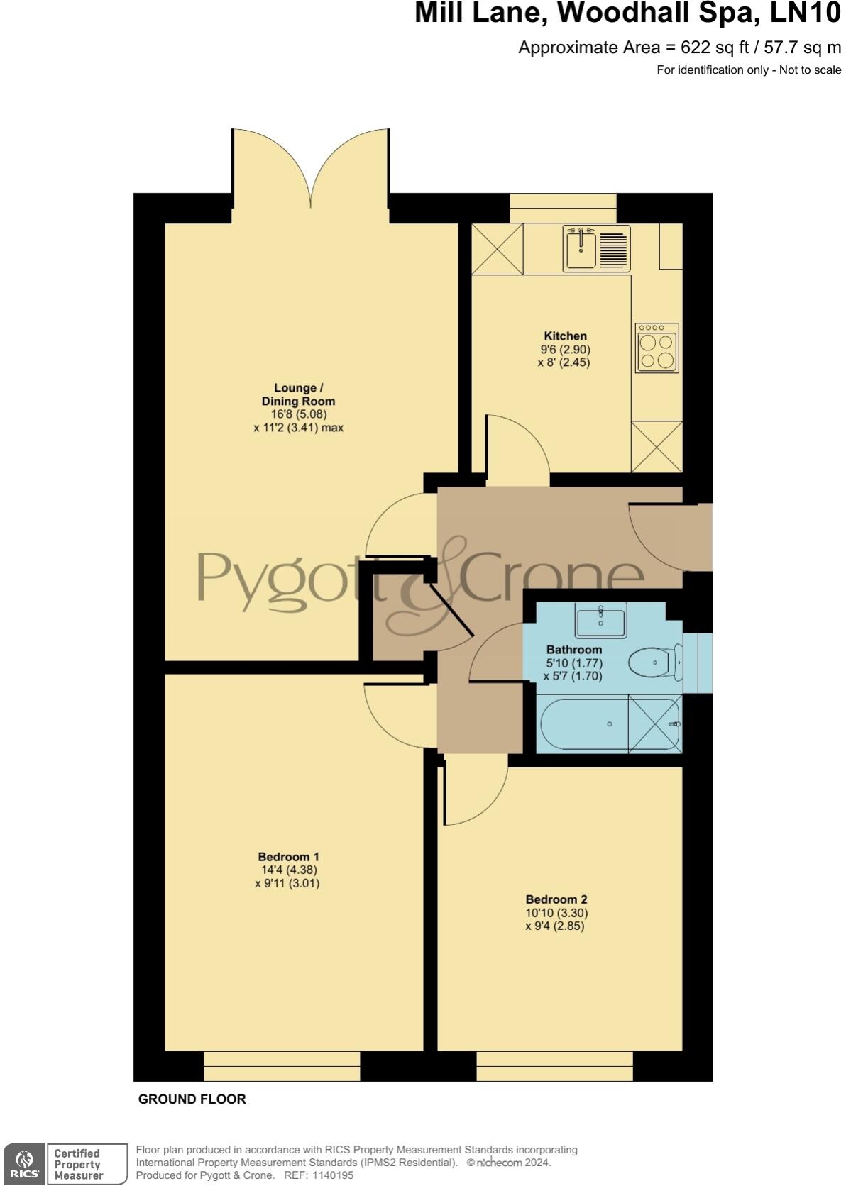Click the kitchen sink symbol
(596, 248)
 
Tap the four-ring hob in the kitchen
(657, 348)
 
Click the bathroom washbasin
(600, 620)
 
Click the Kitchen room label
(565, 336)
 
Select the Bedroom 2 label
(556, 899)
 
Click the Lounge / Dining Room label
(298, 394)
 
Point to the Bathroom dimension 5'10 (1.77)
(574, 663)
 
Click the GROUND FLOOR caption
(192, 1099)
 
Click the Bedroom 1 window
(282, 1066)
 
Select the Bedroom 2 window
(554, 1066)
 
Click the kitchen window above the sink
(563, 208)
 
